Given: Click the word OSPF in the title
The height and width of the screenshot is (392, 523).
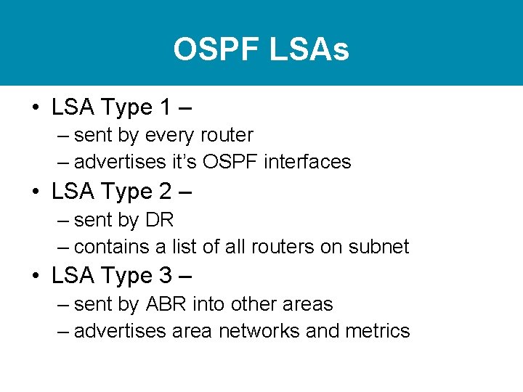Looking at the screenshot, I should (216, 50).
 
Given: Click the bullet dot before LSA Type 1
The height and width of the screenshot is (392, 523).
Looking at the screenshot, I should (36, 108).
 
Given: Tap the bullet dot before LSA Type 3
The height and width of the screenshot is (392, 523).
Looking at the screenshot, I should (36, 277).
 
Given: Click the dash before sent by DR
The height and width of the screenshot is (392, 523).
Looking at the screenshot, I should (62, 220).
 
